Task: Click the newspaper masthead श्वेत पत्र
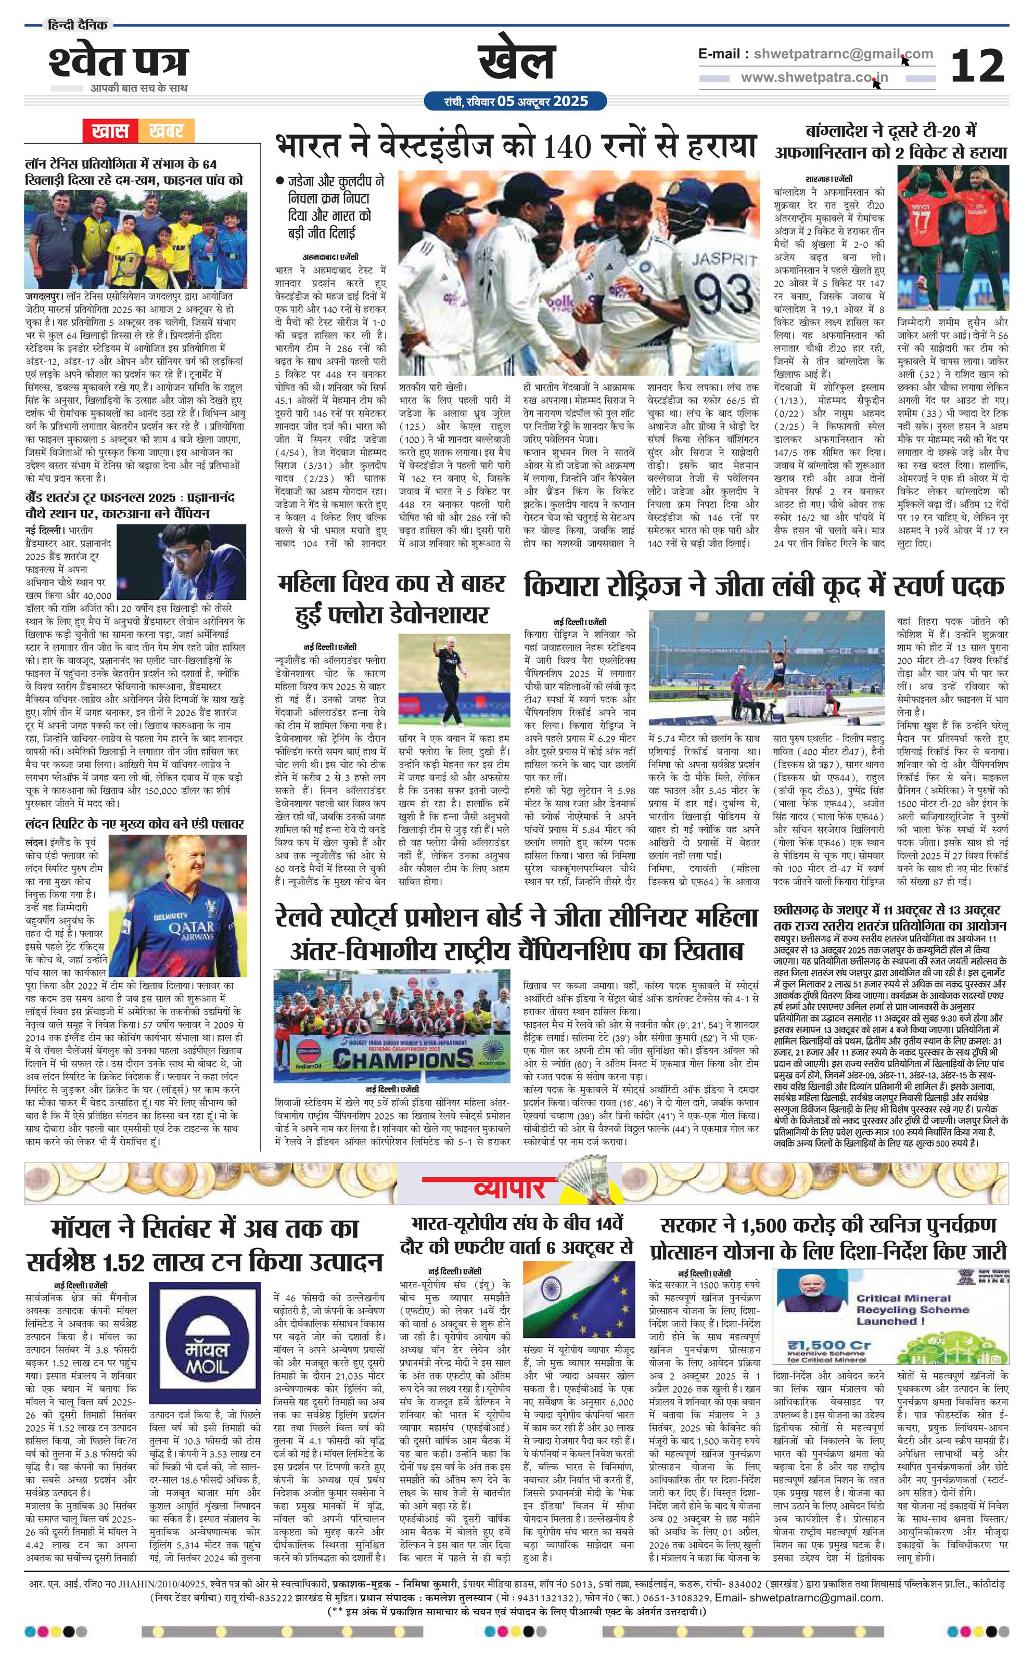point(118,62)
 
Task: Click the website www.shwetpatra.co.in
point(814,78)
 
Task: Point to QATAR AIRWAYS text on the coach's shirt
point(187,928)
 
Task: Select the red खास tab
point(111,131)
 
